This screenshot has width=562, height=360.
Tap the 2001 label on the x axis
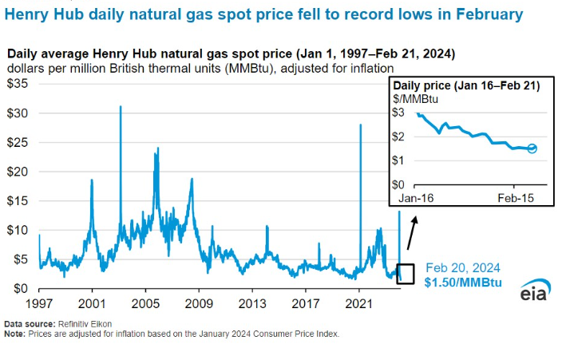point(92,304)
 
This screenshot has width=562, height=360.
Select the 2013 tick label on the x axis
point(251,304)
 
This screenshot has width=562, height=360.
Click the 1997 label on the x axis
point(39,304)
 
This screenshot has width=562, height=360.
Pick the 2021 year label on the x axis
point(358,304)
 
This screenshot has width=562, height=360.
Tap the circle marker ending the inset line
point(532,148)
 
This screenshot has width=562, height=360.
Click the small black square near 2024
point(406,273)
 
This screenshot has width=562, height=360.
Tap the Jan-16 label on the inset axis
point(416,196)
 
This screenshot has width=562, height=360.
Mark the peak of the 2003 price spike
point(121,106)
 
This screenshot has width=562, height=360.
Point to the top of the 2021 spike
point(360,125)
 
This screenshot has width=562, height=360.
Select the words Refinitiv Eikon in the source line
point(84,324)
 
